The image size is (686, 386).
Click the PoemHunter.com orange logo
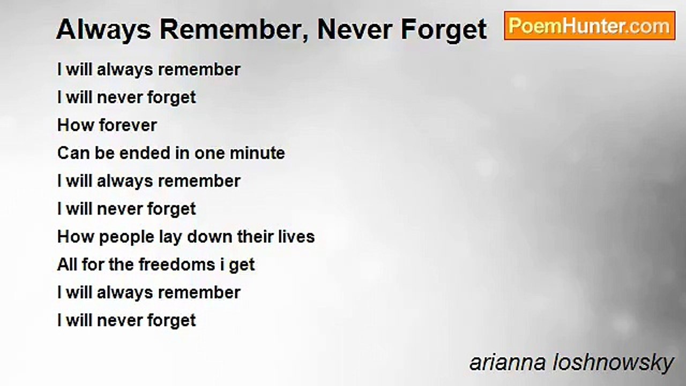590,26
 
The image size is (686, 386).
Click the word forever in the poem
128,125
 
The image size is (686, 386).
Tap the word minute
257,153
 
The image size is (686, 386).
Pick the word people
126,237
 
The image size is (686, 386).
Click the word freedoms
177,264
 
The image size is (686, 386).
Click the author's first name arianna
508,363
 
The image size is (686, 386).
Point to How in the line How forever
76,125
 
